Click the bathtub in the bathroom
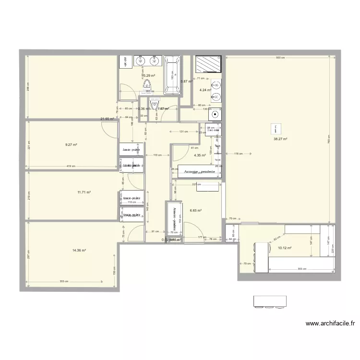(x=172, y=74)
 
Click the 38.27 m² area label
(x=280, y=139)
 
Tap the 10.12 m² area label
(x=285, y=248)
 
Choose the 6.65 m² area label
(x=195, y=210)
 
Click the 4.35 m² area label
(x=200, y=155)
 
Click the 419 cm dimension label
(x=70, y=167)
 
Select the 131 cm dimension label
(x=183, y=132)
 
